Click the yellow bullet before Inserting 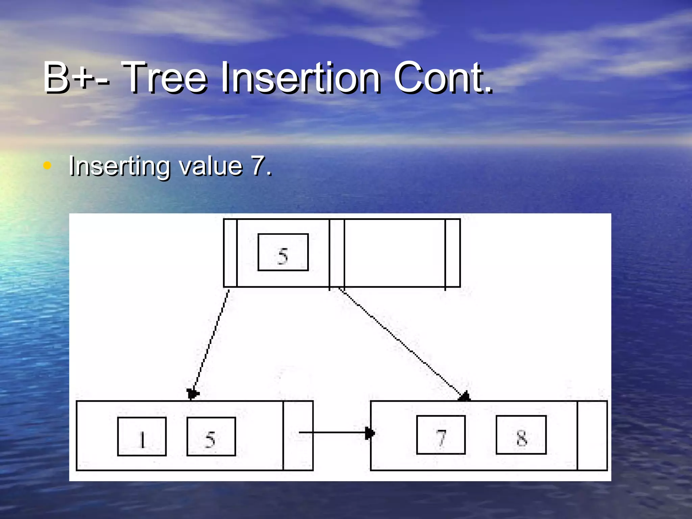47,166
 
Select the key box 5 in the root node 283,252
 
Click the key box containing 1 142,437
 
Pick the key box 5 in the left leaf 211,437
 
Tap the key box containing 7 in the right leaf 441,435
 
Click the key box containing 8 521,435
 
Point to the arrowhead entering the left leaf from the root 193,394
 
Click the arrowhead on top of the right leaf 465,397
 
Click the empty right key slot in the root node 394,253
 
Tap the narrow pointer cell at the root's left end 230,253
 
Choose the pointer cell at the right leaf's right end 592,436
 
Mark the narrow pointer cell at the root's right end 452,253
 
